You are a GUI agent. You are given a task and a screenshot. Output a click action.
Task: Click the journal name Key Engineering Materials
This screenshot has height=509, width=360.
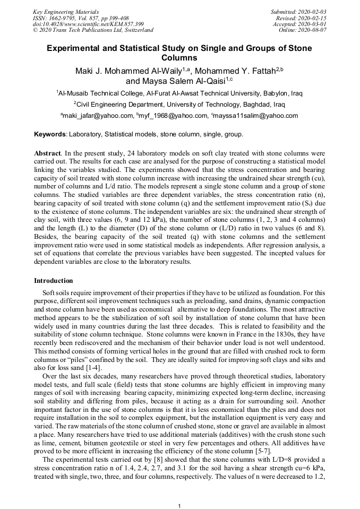(65, 11)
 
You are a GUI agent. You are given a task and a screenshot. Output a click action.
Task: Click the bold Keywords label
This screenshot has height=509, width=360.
(50, 134)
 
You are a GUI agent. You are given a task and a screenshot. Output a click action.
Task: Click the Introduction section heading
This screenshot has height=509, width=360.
(54, 281)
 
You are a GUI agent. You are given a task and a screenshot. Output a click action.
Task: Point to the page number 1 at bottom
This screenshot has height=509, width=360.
(179, 506)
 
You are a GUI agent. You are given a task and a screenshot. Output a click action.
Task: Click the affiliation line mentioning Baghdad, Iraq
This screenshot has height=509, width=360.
(179, 104)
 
